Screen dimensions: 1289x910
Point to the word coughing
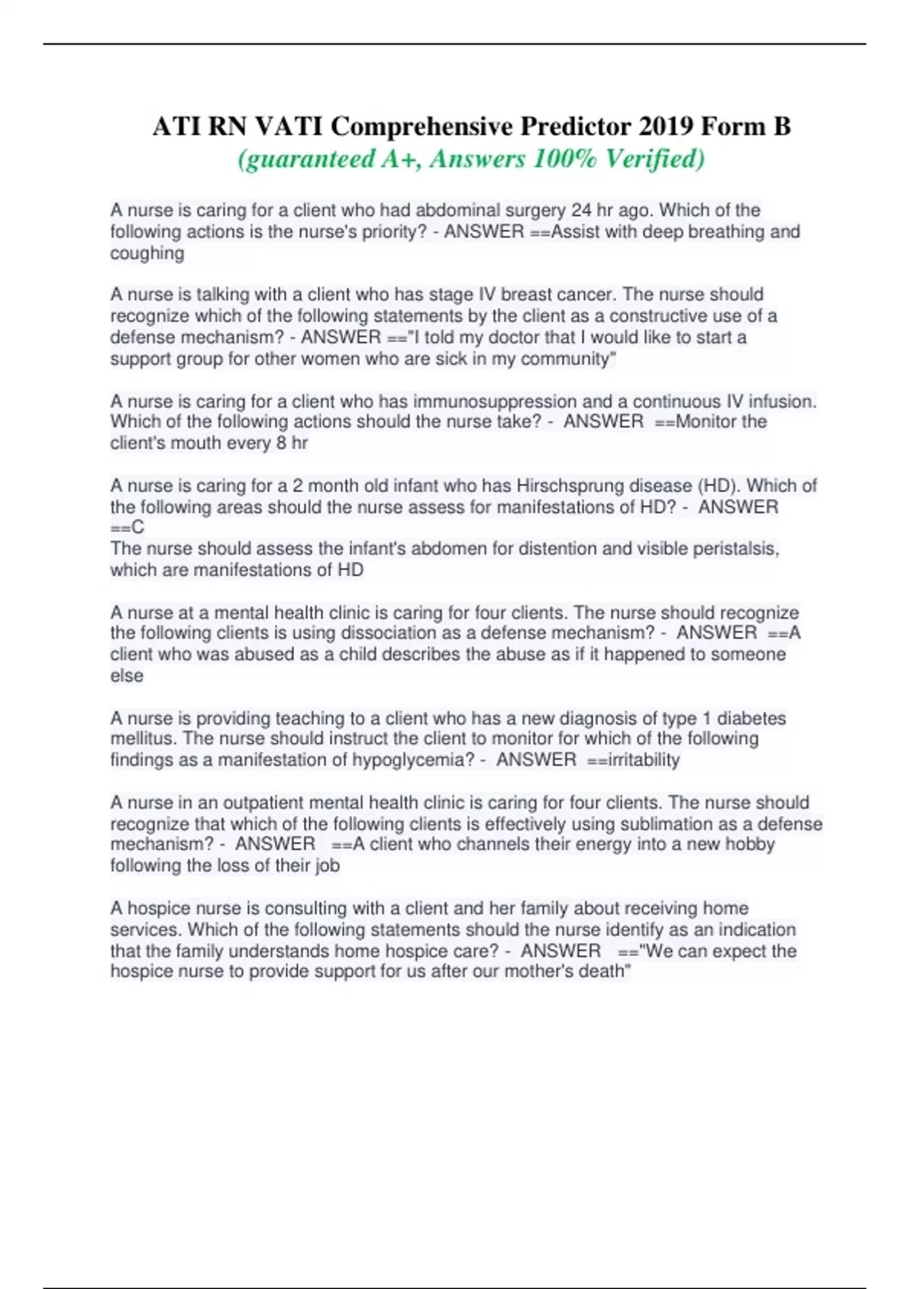click(x=147, y=253)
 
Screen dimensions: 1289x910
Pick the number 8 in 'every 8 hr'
click(x=281, y=443)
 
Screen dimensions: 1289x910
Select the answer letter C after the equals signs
click(x=137, y=527)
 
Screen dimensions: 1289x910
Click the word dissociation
click(x=387, y=632)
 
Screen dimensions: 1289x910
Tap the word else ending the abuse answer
click(x=127, y=676)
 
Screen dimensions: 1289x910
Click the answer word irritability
click(x=644, y=760)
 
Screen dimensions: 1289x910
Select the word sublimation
click(x=624, y=824)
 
